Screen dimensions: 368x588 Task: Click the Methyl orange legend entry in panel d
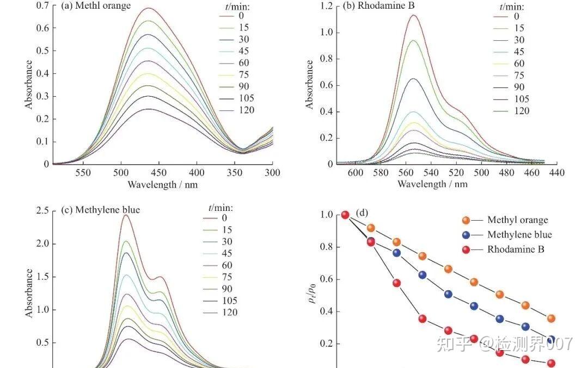[517, 220]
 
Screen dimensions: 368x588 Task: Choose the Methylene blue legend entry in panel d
[519, 235]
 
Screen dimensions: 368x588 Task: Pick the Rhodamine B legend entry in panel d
[516, 250]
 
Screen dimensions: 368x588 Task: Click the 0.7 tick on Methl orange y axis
[42, 5]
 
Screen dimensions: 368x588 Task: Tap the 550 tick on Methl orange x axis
[83, 173]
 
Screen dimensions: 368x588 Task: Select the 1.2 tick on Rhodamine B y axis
[326, 6]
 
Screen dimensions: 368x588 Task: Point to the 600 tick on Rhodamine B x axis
[356, 173]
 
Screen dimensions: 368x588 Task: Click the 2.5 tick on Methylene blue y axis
[42, 210]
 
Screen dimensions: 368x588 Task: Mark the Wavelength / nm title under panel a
[162, 185]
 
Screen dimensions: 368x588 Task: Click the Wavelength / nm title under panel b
[432, 185]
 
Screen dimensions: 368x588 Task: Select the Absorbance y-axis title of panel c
[29, 293]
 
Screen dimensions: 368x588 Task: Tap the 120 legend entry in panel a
[246, 111]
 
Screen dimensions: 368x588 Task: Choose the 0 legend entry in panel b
[516, 16]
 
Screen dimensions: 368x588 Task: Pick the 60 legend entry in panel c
[227, 265]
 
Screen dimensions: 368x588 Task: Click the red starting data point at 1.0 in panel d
[345, 215]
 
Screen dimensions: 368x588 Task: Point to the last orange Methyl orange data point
[551, 319]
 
